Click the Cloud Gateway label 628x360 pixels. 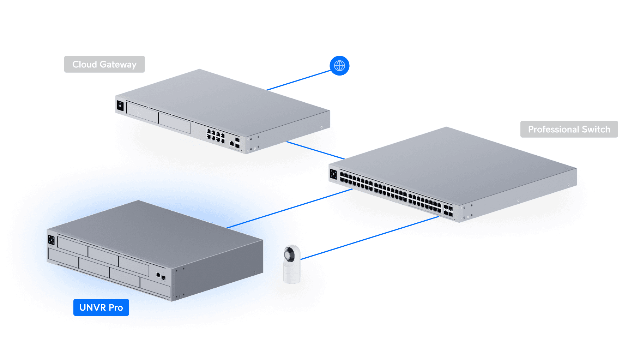click(x=104, y=64)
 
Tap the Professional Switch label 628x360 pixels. click(x=569, y=129)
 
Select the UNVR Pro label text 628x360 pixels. click(x=101, y=308)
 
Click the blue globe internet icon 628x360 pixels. click(x=339, y=66)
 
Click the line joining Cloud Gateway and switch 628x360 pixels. click(x=314, y=150)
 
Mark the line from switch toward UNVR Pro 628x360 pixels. click(x=314, y=200)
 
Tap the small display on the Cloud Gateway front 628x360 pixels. click(x=120, y=106)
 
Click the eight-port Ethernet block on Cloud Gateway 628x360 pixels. click(x=216, y=136)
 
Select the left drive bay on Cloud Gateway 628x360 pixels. click(x=142, y=112)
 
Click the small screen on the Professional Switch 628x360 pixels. click(x=333, y=174)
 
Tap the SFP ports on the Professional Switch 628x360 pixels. click(x=448, y=211)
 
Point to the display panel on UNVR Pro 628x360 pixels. click(x=51, y=240)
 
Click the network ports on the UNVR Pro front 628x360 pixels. click(x=161, y=276)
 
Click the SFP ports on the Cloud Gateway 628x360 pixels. click(x=237, y=143)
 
